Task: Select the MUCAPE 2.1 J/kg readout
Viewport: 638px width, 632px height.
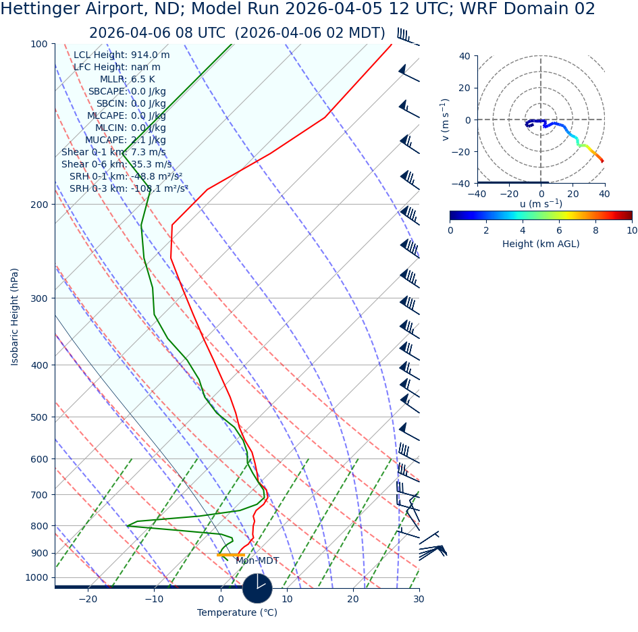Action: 125,140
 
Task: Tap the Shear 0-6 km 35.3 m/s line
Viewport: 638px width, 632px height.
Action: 116,165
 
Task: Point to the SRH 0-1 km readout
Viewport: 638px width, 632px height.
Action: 126,177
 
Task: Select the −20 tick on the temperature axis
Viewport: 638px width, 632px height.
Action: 88,600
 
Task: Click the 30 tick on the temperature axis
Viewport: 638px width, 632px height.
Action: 419,600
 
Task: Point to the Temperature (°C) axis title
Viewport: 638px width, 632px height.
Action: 237,613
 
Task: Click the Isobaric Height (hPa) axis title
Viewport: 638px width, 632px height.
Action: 16,317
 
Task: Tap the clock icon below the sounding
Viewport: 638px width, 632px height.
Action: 257,588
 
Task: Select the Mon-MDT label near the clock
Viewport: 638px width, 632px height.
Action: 257,561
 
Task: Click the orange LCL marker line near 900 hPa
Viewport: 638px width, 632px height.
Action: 231,554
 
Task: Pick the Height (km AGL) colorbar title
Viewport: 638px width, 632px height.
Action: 541,244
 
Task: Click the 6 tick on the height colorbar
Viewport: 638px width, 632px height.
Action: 559,230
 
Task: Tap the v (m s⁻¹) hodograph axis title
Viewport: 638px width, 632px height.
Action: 446,120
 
